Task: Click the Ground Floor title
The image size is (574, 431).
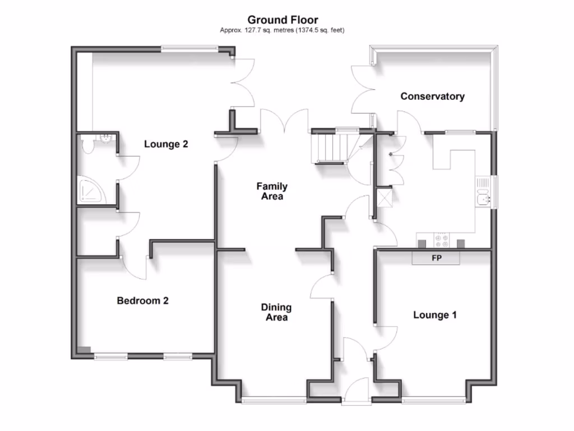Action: click(283, 20)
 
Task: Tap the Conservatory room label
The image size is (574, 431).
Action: click(432, 97)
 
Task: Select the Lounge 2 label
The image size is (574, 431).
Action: click(166, 144)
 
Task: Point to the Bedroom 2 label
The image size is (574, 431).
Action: click(142, 301)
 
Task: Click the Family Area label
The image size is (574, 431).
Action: click(272, 191)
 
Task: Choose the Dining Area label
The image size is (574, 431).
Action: click(276, 313)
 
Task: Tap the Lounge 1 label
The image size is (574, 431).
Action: click(435, 315)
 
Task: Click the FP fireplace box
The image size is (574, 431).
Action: click(436, 258)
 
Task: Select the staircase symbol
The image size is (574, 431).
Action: click(329, 148)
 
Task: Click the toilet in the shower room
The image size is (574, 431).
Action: click(87, 146)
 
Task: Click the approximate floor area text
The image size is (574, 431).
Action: click(283, 30)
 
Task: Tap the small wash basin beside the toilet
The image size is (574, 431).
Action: click(105, 138)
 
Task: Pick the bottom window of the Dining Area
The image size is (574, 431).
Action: click(274, 400)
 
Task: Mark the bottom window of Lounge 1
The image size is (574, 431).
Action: click(433, 400)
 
